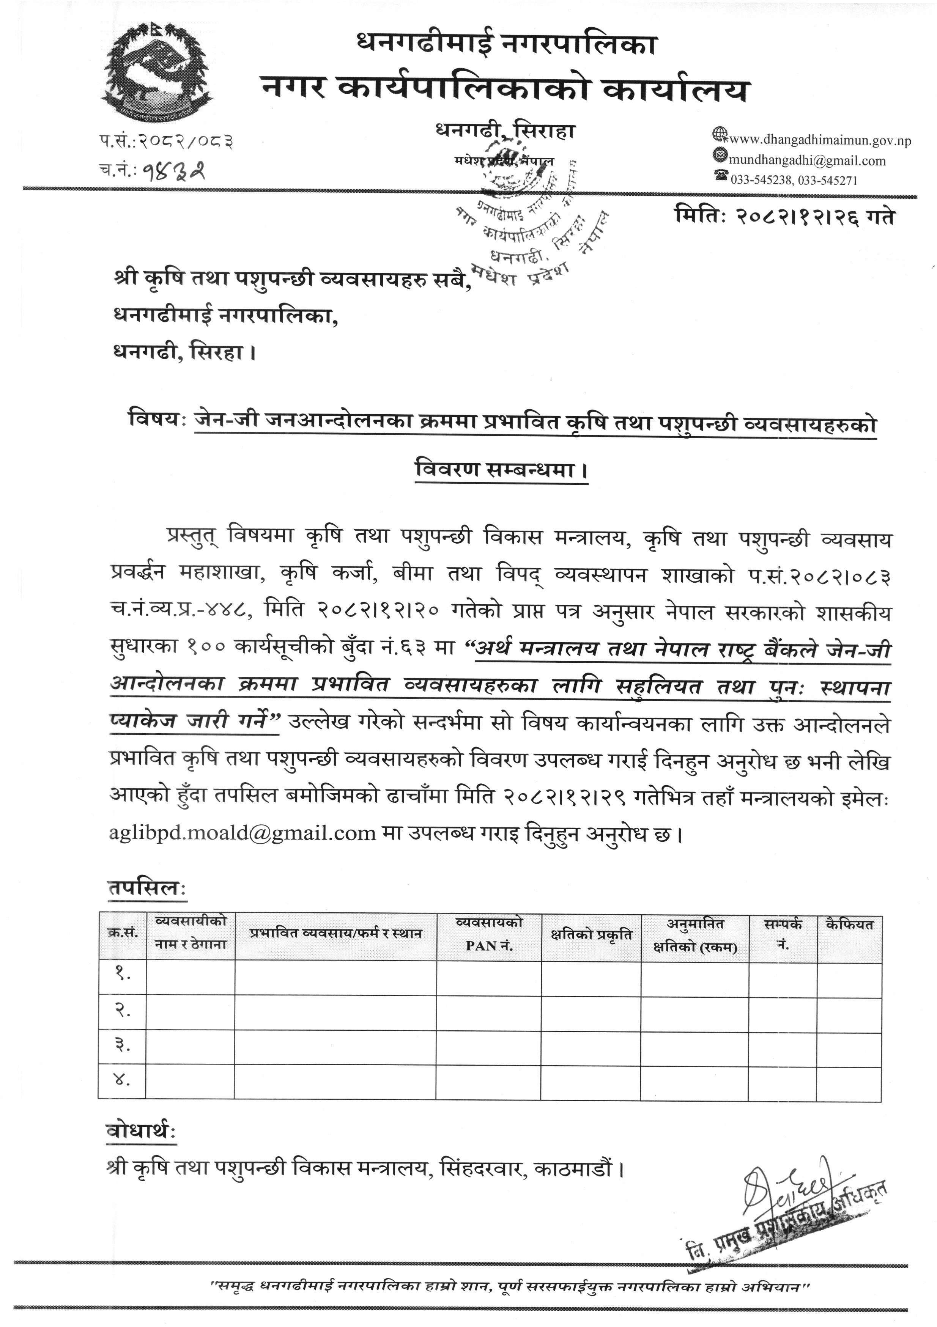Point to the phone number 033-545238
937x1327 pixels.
(x=761, y=180)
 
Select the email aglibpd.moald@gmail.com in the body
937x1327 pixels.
(x=243, y=833)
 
